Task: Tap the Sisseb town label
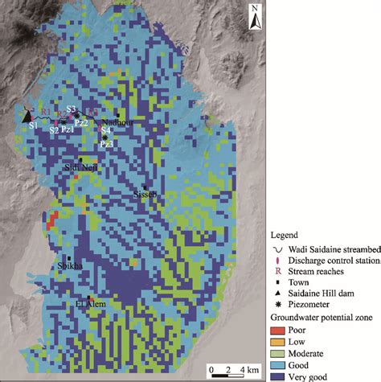142,195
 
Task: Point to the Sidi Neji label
80,166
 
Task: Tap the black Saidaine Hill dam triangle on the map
27,115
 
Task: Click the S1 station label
33,126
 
